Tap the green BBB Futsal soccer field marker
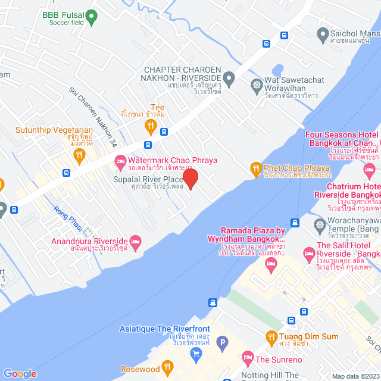tap(91, 18)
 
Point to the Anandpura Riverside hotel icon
tap(135, 242)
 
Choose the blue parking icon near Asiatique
tap(221, 342)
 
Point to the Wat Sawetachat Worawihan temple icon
tap(257, 84)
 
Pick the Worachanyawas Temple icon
tap(319, 224)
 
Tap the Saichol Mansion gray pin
tap(323, 33)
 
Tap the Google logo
tap(20, 373)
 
